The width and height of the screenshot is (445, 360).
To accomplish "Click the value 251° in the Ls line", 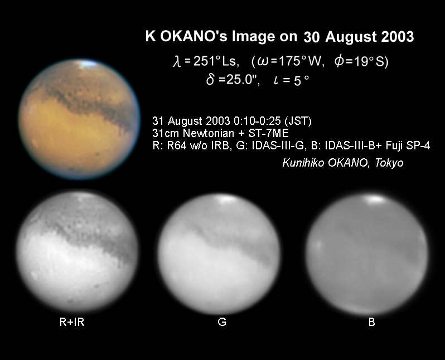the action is (206, 61).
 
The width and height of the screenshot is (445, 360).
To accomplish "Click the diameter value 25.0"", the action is (243, 80).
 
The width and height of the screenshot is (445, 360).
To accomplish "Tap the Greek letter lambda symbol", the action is (177, 61).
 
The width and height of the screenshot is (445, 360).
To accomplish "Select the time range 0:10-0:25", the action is (258, 121).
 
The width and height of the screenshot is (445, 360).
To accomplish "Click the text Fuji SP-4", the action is (408, 145).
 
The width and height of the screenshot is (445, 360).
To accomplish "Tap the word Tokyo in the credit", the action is (389, 163).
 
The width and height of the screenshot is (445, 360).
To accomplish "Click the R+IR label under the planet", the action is (72, 322).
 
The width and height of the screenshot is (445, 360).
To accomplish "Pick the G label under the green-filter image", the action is (222, 322).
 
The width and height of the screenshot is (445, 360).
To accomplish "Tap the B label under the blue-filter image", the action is (371, 322).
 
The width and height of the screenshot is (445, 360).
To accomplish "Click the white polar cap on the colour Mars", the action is (88, 64).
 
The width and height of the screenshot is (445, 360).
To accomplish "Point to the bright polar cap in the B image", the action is (375, 200).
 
